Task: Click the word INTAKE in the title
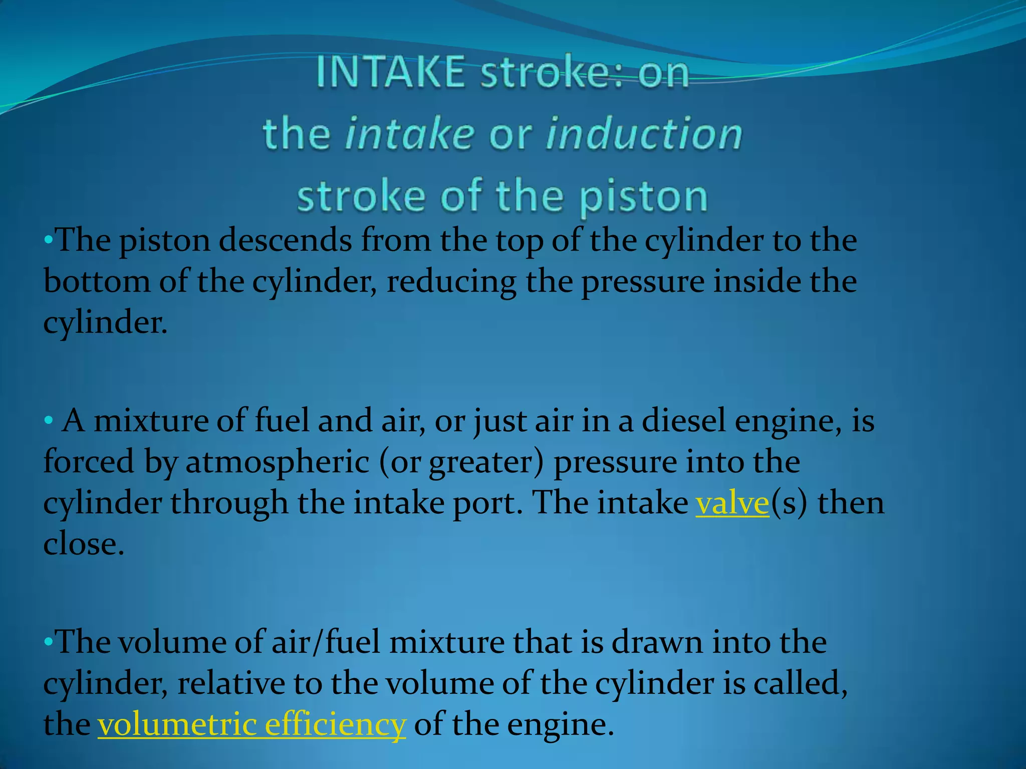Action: (x=391, y=73)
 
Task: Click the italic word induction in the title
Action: (x=644, y=134)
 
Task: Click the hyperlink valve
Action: (x=732, y=503)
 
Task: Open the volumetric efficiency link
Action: (x=251, y=724)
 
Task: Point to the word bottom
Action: (x=96, y=281)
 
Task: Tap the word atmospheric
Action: (x=277, y=462)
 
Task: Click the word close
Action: (x=83, y=544)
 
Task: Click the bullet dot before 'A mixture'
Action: (x=48, y=421)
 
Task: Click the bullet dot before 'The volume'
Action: (x=48, y=642)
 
